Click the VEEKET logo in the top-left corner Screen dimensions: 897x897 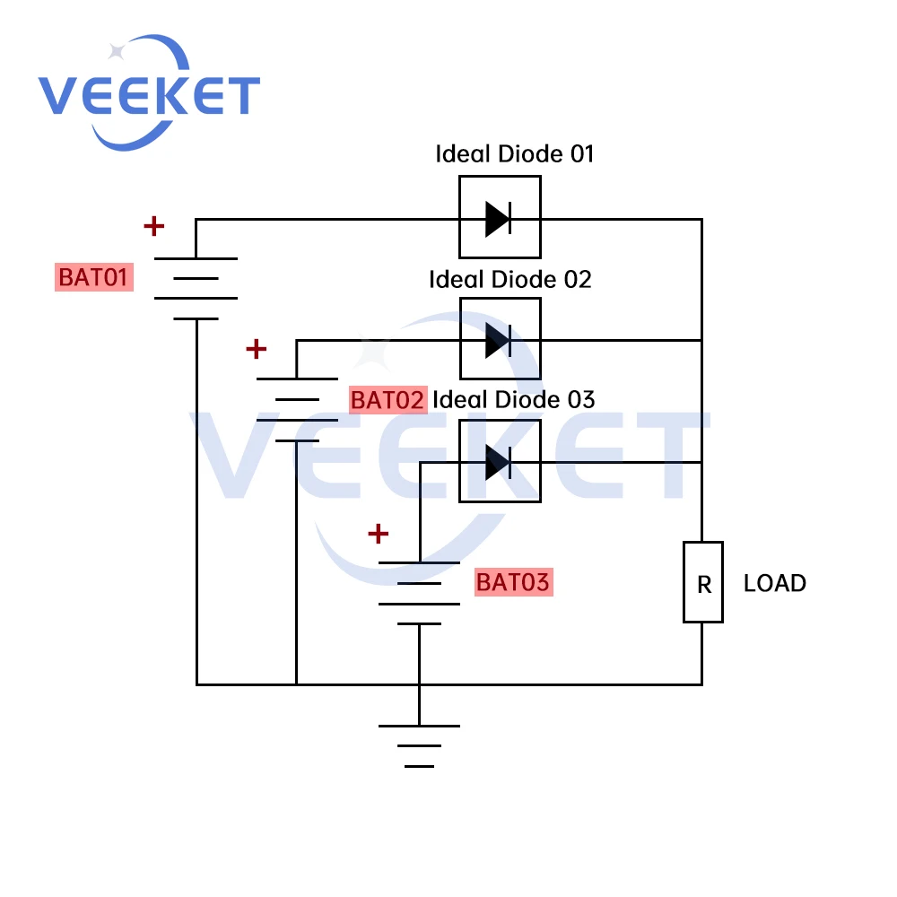pos(148,94)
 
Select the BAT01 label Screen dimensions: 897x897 pos(94,278)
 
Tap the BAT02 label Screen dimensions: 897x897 pos(387,400)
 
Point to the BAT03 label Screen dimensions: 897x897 pos(512,582)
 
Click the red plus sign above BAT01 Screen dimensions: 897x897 pos(154,226)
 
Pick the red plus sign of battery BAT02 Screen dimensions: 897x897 pos(257,348)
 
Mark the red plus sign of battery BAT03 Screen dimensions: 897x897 pos(379,535)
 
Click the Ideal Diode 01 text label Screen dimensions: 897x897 pos(515,153)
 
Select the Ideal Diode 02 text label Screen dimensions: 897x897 pos(510,279)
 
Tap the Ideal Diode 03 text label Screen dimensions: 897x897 pos(514,399)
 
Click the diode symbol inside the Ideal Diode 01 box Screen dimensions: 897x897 pos(499,218)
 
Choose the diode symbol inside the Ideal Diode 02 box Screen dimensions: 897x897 pos(499,340)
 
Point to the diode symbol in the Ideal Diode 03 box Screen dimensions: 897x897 pos(499,462)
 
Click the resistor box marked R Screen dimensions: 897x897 pos(703,582)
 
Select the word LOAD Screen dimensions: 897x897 pos(775,583)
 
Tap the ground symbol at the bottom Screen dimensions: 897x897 pos(419,745)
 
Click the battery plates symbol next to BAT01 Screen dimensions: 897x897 pos(196,288)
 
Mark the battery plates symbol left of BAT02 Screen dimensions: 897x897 pos(297,409)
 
